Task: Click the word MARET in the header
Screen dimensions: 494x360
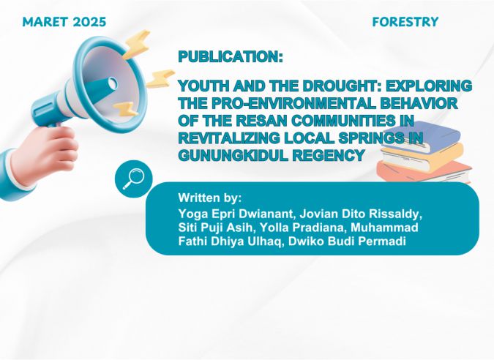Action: pos(45,22)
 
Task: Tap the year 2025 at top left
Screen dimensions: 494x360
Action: pos(89,22)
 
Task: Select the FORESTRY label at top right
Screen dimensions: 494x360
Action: pos(405,22)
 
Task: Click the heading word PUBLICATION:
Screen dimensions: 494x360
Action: pos(231,56)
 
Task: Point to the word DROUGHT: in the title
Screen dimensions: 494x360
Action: pos(341,86)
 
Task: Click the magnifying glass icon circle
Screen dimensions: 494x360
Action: pos(134,179)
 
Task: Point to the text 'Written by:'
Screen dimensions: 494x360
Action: pos(210,198)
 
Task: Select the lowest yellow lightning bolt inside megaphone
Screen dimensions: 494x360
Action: pos(126,109)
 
